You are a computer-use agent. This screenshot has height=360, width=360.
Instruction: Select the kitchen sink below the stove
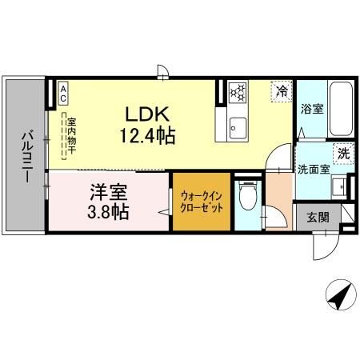[x=238, y=125]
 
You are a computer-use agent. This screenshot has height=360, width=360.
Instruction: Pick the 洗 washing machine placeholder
[x=342, y=152]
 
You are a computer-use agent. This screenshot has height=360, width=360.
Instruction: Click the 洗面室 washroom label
[x=312, y=169]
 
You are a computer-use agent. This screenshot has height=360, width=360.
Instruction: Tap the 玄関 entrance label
[x=311, y=216]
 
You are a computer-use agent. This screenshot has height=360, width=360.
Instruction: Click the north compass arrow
[x=339, y=296]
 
